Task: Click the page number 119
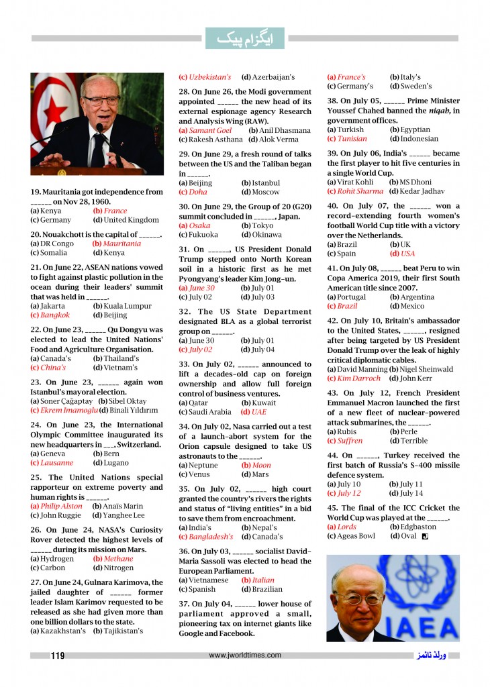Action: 57,655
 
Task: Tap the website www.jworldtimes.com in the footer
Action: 245,655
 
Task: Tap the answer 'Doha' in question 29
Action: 197,192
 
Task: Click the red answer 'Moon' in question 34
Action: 260,465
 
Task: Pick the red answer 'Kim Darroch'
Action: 361,378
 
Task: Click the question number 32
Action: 186,312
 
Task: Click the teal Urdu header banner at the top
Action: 245,38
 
